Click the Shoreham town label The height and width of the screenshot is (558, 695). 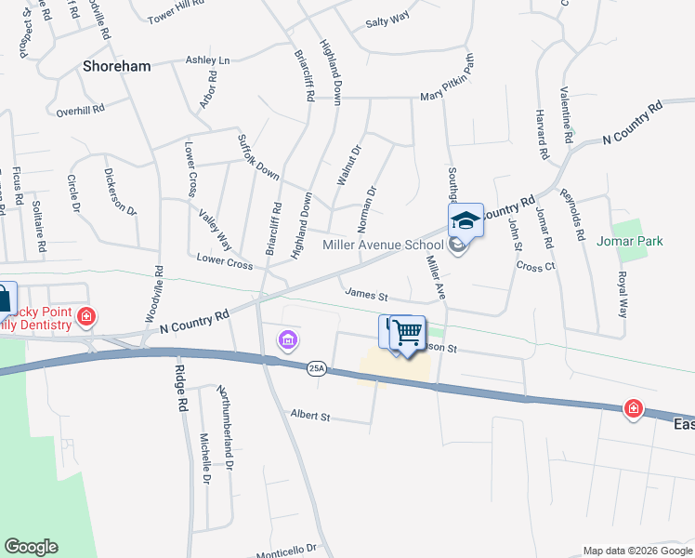[x=117, y=67]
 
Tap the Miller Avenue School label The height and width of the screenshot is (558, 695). [x=382, y=246]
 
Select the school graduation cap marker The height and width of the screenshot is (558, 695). [x=466, y=220]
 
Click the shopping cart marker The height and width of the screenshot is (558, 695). [x=406, y=332]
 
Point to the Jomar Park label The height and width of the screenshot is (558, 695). [x=636, y=242]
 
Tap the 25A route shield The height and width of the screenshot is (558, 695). [x=316, y=367]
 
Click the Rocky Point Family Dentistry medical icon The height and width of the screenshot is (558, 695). [x=86, y=316]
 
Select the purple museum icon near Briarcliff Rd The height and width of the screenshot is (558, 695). [x=288, y=341]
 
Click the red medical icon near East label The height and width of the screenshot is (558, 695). [x=634, y=408]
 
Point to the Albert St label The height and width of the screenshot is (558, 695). [x=309, y=417]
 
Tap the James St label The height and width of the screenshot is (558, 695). [x=366, y=295]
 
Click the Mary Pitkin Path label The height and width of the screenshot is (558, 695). [x=448, y=82]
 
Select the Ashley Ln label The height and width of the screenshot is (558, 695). [x=207, y=60]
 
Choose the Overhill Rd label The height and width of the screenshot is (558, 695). [x=80, y=110]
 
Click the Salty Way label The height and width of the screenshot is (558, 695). [x=387, y=20]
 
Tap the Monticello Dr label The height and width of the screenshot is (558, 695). [x=287, y=550]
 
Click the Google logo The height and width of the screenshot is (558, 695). [x=31, y=547]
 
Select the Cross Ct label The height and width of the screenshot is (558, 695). [x=535, y=267]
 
